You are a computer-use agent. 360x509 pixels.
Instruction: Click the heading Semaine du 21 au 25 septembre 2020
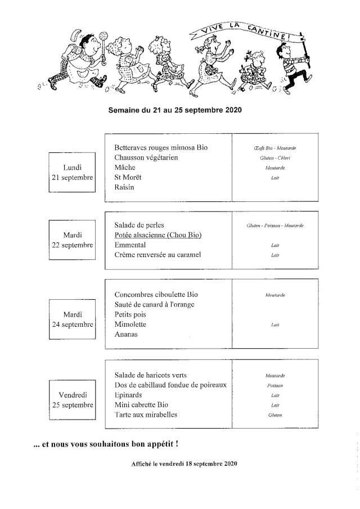[175, 110]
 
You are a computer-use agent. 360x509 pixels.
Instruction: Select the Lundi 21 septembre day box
[71, 172]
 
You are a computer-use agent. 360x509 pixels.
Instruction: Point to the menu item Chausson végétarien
[146, 157]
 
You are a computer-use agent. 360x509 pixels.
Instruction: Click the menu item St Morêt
[128, 177]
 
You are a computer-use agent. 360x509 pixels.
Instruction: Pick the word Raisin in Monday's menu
[124, 187]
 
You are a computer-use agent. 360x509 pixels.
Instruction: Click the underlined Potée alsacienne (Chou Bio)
[157, 235]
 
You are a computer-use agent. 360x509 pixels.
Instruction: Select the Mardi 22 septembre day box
[71, 241]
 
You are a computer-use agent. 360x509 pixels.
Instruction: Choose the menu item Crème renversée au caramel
[157, 255]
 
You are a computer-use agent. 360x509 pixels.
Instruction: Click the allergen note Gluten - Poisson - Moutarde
[275, 226]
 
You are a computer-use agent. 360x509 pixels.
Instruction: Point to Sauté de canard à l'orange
[154, 304]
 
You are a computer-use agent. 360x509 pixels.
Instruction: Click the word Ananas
[125, 334]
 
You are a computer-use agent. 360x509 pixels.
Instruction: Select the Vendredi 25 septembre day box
[71, 400]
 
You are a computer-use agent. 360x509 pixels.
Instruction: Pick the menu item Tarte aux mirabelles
[145, 415]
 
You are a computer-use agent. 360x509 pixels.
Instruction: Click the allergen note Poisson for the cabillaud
[275, 385]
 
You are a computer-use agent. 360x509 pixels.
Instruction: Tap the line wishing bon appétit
[106, 444]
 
